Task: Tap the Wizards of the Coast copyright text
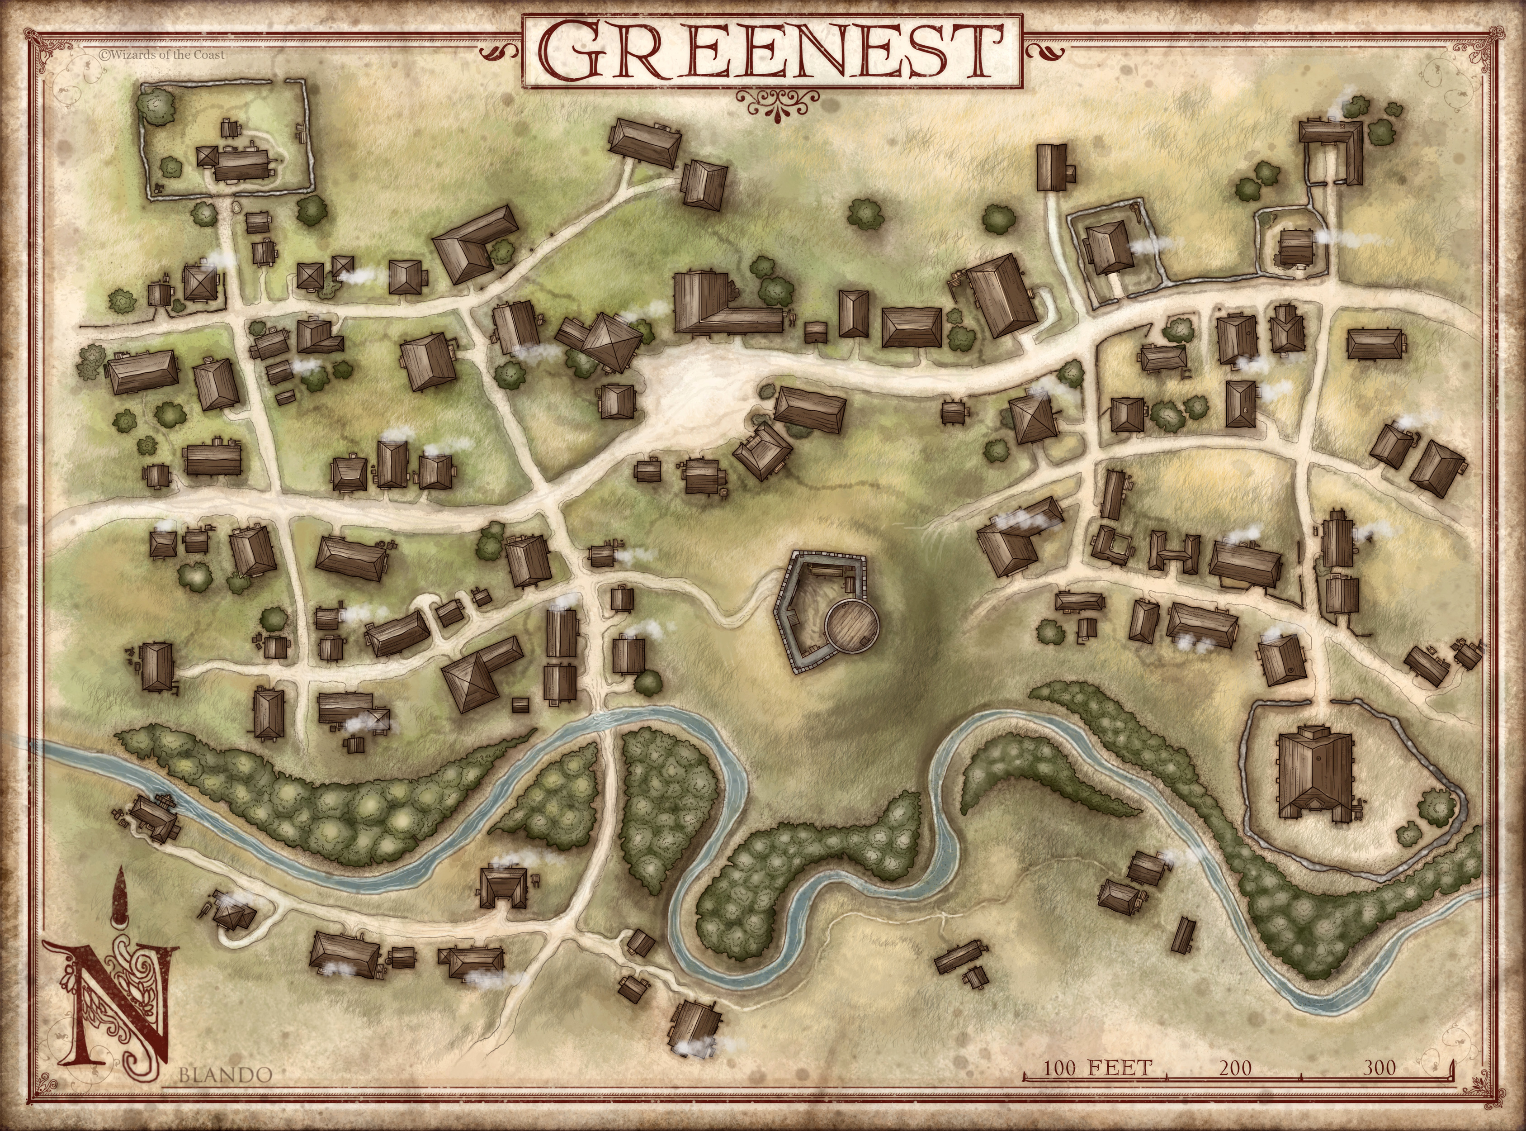click(161, 55)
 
